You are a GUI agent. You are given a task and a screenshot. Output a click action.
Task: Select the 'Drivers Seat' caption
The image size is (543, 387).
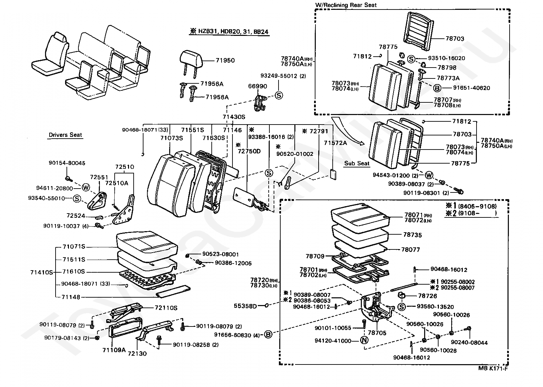click(65, 135)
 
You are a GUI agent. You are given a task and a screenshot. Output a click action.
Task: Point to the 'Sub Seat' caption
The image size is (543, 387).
click(357, 163)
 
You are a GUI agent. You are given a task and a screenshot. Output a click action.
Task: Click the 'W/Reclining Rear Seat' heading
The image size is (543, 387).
click(346, 5)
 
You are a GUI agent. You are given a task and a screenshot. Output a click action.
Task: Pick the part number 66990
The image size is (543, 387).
click(257, 86)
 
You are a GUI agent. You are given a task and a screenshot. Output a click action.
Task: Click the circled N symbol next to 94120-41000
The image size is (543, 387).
click(364, 341)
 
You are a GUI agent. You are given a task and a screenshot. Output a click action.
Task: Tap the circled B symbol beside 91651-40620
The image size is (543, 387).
click(437, 88)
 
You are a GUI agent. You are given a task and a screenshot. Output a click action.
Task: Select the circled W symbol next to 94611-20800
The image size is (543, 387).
click(86, 188)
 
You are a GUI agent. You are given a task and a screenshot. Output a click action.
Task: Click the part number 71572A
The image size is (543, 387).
click(335, 142)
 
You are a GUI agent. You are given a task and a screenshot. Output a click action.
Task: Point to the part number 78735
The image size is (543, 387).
click(413, 235)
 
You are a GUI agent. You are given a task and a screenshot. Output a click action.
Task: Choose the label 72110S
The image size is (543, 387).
click(166, 308)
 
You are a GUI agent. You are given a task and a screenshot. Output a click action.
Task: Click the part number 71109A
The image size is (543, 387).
click(114, 350)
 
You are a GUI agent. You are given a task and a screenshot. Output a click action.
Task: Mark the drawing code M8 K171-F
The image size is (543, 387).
click(493, 368)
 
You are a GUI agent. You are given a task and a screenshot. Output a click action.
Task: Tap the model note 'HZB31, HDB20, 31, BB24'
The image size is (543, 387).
click(229, 32)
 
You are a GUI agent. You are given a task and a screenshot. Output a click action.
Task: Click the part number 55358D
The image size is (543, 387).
click(245, 306)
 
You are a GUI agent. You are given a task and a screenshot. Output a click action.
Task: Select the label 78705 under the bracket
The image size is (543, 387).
click(377, 333)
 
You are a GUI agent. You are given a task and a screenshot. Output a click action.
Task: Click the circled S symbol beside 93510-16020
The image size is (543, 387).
click(411, 59)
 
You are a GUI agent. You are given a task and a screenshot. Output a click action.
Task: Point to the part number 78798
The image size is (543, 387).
click(447, 67)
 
